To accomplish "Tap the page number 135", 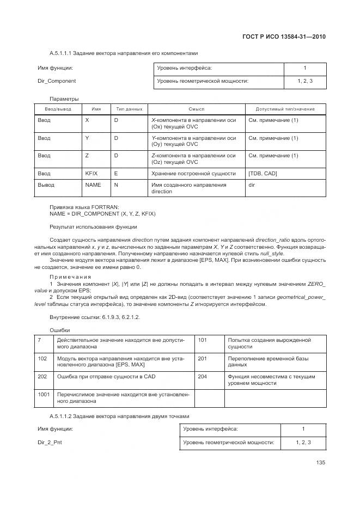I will coord(320,463).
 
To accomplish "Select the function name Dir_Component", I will coord(57,81).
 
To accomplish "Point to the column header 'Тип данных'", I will coord(129,109).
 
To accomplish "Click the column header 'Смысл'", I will coord(196,109).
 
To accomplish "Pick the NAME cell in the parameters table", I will coord(93,185).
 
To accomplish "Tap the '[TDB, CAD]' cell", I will coord(262,174).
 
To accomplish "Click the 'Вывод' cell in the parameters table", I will coord(46,185).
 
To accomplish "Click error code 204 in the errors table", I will coord(203,376).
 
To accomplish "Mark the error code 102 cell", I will coord(42,359).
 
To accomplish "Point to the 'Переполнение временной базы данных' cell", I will coord(260,362).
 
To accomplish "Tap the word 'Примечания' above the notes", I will coord(70,277).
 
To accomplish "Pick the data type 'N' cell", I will coord(116,185).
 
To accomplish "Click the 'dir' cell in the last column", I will coord(252,185).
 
